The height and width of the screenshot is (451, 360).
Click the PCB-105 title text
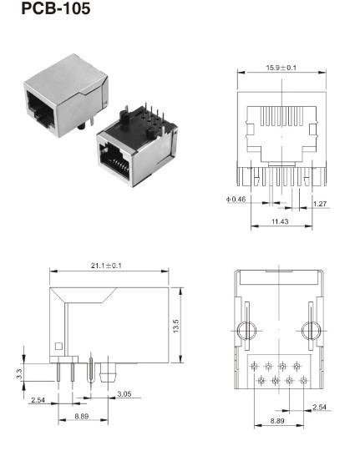click(43, 11)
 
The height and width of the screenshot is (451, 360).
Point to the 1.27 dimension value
click(320, 203)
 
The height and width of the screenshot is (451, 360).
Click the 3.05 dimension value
click(123, 393)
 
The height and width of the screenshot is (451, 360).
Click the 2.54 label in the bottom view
click(319, 407)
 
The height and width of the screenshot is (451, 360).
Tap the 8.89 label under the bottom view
click(277, 422)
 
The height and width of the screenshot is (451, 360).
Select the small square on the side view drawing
click(58, 347)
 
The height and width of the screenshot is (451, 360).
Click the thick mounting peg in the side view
click(106, 370)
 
